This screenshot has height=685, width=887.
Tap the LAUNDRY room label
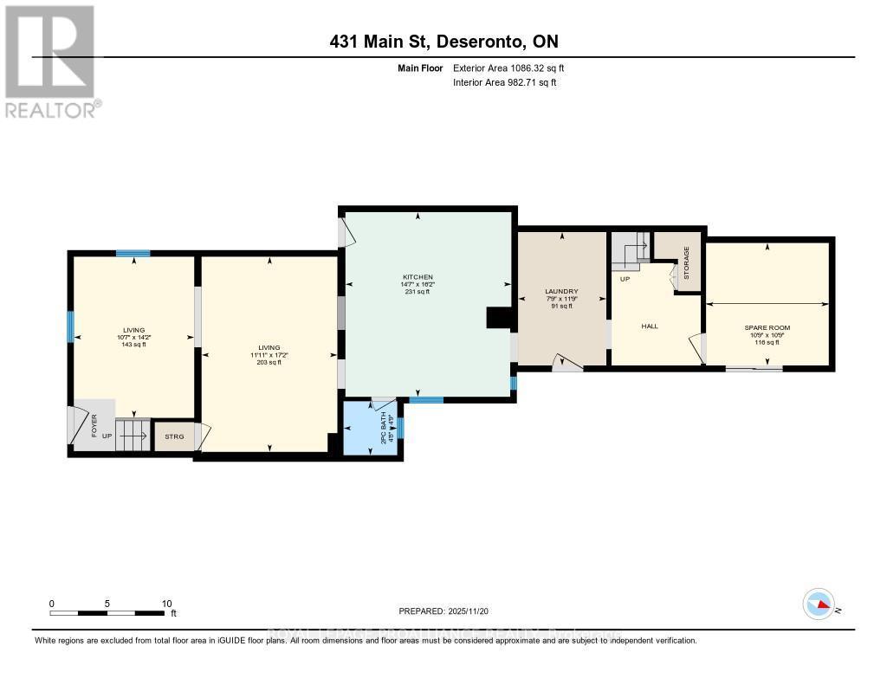(x=561, y=292)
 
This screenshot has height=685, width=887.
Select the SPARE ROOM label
(x=767, y=327)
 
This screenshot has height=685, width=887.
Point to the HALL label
(x=650, y=326)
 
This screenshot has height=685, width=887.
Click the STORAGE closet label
(x=686, y=262)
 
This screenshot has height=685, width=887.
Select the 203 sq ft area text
(x=269, y=362)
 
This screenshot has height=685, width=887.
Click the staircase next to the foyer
(x=133, y=434)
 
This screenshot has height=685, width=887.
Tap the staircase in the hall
(x=632, y=251)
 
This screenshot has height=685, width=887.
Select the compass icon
(x=819, y=604)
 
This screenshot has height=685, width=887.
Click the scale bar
(x=107, y=613)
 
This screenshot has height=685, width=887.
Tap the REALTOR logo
(x=50, y=61)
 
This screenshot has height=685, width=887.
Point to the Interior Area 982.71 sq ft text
(x=505, y=82)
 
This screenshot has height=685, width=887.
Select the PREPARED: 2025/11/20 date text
(x=443, y=611)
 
